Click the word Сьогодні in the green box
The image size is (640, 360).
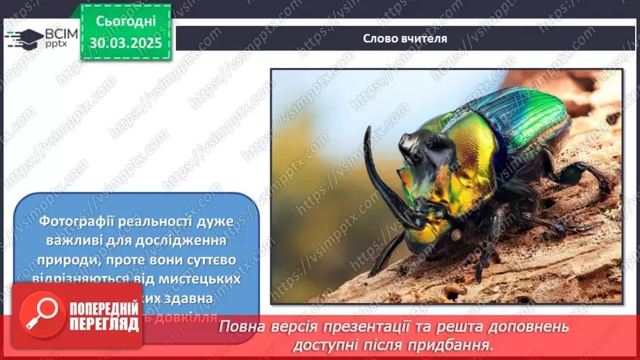point(125,22)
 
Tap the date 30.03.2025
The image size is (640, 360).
point(125,42)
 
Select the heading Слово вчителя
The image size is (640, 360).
point(405,38)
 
